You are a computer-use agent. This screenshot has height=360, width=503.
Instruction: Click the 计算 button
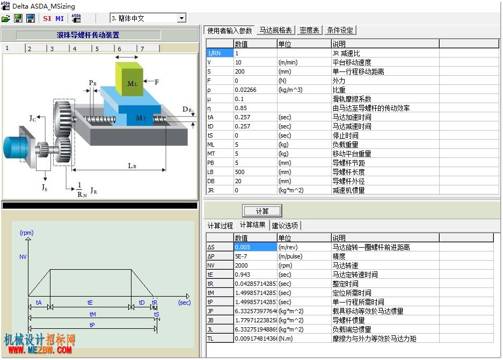(x=262, y=211)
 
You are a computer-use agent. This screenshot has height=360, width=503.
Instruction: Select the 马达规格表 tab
(x=275, y=30)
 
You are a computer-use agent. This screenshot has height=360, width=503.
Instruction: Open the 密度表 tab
(x=309, y=30)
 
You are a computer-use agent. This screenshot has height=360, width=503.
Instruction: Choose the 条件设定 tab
(x=340, y=30)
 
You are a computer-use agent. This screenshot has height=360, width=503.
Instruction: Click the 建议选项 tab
(x=285, y=226)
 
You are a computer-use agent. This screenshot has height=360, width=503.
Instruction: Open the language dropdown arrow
(x=181, y=18)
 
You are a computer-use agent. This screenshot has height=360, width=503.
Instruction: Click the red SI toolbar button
(x=47, y=18)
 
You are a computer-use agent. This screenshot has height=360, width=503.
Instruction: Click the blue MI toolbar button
(x=60, y=18)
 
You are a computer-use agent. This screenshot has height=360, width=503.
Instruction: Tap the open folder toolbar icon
(x=6, y=18)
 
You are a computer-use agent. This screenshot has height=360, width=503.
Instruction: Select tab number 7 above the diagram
(x=148, y=48)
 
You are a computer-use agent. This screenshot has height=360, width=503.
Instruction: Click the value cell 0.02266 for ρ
(x=256, y=90)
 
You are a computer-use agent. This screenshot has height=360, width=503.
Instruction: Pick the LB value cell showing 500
(x=256, y=172)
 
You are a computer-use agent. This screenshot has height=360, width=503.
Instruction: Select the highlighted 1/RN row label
(x=220, y=53)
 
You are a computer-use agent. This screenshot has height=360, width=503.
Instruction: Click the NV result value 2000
(x=256, y=265)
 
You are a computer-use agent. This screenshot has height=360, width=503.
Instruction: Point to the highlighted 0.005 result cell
(x=256, y=247)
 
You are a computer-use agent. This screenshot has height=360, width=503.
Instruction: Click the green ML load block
(x=129, y=80)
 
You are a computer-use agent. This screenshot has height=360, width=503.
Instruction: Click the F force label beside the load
(x=157, y=82)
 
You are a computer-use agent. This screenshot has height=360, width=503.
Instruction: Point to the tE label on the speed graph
(x=90, y=303)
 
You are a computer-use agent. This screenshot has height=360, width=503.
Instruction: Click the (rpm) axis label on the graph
(x=27, y=233)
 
